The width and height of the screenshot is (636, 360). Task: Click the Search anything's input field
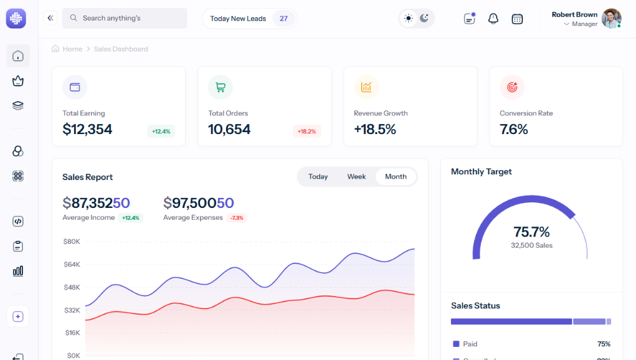(x=124, y=18)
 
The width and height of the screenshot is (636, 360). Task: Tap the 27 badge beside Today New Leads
(x=283, y=19)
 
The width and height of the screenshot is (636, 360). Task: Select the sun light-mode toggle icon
(x=408, y=19)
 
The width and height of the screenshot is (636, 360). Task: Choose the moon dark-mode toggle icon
(x=424, y=19)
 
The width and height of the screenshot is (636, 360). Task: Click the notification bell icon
(x=493, y=19)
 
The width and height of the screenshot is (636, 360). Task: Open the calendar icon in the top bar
(x=517, y=19)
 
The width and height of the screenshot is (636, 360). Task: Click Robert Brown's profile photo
(x=611, y=19)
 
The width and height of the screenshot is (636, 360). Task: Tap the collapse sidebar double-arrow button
(x=50, y=18)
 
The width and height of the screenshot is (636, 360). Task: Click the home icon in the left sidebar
(x=18, y=56)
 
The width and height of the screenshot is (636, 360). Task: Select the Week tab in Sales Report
(x=357, y=176)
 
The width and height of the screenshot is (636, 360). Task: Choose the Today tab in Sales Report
(x=318, y=176)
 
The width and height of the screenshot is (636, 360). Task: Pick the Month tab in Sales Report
(x=396, y=176)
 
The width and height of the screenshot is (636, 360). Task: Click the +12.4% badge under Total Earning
(x=161, y=131)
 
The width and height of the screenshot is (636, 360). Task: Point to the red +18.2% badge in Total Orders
(x=307, y=131)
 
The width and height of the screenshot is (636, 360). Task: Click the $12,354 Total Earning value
(x=88, y=129)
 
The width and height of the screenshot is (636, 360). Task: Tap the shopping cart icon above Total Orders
(x=220, y=88)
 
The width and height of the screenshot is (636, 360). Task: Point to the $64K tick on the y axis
(x=71, y=264)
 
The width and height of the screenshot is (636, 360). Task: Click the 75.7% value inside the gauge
(x=532, y=232)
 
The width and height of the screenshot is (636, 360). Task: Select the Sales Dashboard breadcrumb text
(x=121, y=49)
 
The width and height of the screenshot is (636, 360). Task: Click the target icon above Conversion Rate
(x=512, y=88)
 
